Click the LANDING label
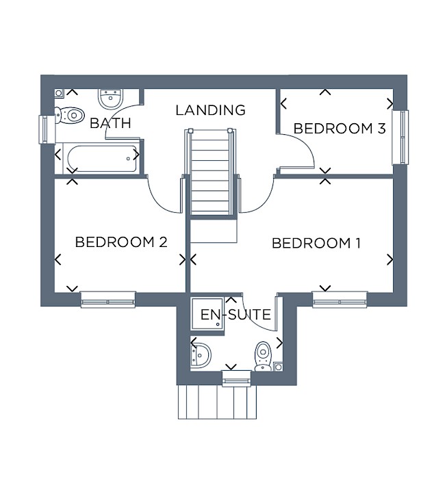[x=211, y=110]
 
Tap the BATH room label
[x=111, y=123]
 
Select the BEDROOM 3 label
[x=340, y=129]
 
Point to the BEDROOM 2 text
[x=121, y=242]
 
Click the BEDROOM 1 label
[x=316, y=243]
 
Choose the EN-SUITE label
[x=235, y=315]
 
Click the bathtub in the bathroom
[x=101, y=159]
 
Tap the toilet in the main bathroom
[x=69, y=115]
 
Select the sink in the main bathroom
[x=111, y=99]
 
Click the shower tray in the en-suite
[x=208, y=313]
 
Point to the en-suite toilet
[x=263, y=356]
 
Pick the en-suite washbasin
[x=201, y=355]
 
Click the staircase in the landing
[x=211, y=172]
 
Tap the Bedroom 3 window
[x=400, y=137]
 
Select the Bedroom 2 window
[x=108, y=300]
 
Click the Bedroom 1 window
[x=340, y=300]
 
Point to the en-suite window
[x=236, y=378]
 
